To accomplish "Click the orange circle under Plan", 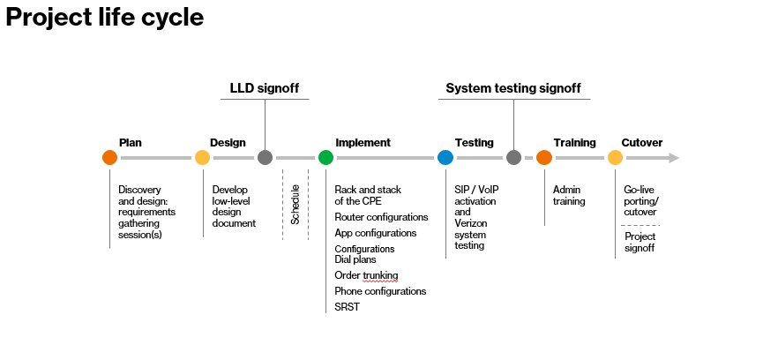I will pyautogui.click(x=109, y=158).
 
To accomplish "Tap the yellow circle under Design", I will pyautogui.click(x=202, y=158).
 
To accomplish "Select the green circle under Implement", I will pyautogui.click(x=325, y=158).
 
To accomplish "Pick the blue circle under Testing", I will pyautogui.click(x=445, y=158).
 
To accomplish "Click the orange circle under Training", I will pyautogui.click(x=544, y=158).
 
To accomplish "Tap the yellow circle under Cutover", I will pyautogui.click(x=615, y=158).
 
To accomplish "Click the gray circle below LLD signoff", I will pyautogui.click(x=265, y=158).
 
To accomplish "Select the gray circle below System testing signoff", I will pyautogui.click(x=514, y=158).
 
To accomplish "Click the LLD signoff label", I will pyautogui.click(x=265, y=88).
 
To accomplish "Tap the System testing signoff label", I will pyautogui.click(x=513, y=88).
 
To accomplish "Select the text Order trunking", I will pyautogui.click(x=366, y=276).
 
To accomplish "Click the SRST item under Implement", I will pyautogui.click(x=347, y=306).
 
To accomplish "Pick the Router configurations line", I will pyautogui.click(x=381, y=217).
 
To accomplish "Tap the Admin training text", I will pyautogui.click(x=569, y=195).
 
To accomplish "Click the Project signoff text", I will pyautogui.click(x=640, y=243).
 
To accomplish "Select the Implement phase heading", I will pyautogui.click(x=363, y=143).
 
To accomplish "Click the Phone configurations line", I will pyautogui.click(x=380, y=291).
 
